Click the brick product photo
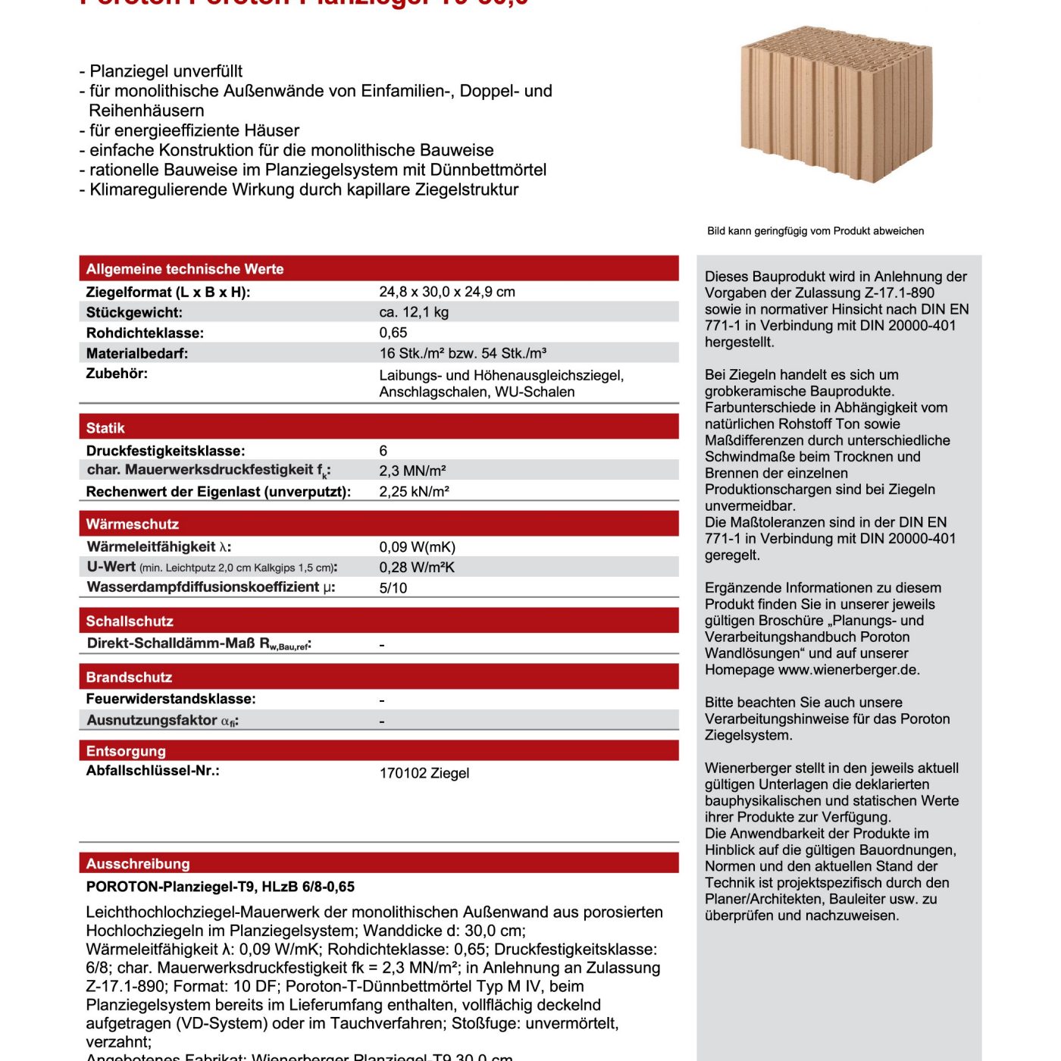point(836,105)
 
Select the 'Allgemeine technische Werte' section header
point(185,269)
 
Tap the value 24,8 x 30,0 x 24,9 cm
point(447,292)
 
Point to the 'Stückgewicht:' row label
point(134,312)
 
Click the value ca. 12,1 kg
point(414,312)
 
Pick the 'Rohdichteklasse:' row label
point(145,333)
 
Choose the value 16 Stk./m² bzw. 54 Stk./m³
point(463,353)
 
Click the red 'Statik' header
point(105,428)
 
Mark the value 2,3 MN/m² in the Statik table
point(412,471)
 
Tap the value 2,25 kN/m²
point(415,491)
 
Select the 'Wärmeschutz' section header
point(133,524)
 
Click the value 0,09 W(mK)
point(418,547)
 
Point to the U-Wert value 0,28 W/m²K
point(417,568)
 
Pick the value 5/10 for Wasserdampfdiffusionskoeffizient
point(393,588)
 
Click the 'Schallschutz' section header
point(130,621)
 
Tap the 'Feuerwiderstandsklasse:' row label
point(171,699)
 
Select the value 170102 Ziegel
point(424,773)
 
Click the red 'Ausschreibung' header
point(138,864)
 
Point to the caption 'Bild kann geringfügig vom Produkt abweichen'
point(815,231)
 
